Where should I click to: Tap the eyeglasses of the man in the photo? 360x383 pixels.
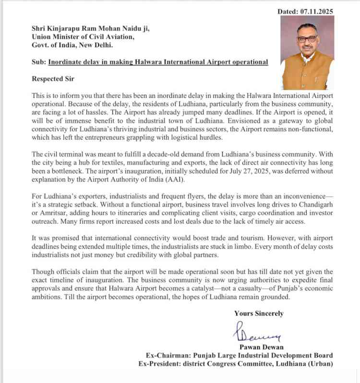click(307, 39)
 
